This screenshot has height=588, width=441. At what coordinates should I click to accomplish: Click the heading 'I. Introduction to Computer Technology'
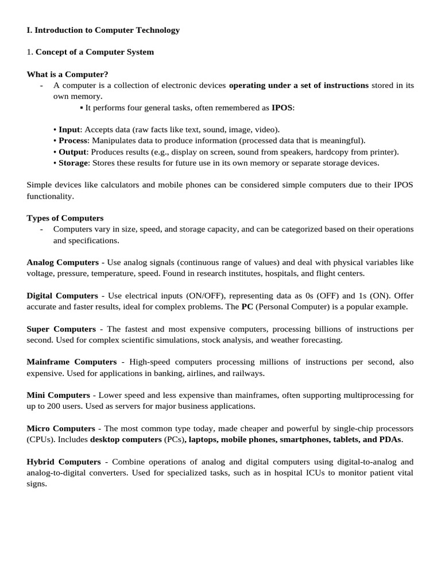pyautogui.click(x=103, y=30)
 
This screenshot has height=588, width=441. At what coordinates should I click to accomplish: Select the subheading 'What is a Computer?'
pyautogui.click(x=67, y=74)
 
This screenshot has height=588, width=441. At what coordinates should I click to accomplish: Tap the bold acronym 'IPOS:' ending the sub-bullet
pyautogui.click(x=283, y=107)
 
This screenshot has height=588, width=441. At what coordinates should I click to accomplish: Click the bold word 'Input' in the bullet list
pyautogui.click(x=69, y=130)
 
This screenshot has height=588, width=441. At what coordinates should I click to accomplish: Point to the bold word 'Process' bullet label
pyautogui.click(x=73, y=141)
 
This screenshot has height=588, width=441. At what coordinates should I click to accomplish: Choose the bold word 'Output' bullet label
pyautogui.click(x=72, y=152)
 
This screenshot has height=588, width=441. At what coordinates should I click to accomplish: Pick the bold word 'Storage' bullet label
pyautogui.click(x=73, y=163)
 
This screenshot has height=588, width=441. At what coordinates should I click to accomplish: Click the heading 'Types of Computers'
pyautogui.click(x=65, y=218)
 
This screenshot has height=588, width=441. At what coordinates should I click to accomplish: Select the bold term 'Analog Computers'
pyautogui.click(x=63, y=262)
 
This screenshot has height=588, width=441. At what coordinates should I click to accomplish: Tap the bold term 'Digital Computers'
pyautogui.click(x=63, y=296)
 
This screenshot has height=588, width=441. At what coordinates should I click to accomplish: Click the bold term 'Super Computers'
pyautogui.click(x=61, y=329)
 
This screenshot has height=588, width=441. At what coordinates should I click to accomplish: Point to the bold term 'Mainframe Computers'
pyautogui.click(x=72, y=362)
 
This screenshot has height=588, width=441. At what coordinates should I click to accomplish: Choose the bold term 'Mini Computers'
pyautogui.click(x=59, y=396)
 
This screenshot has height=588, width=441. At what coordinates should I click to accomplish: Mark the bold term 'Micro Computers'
pyautogui.click(x=61, y=429)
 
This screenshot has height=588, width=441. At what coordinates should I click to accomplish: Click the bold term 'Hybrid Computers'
pyautogui.click(x=64, y=462)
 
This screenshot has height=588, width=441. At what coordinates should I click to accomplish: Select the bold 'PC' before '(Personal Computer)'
pyautogui.click(x=247, y=307)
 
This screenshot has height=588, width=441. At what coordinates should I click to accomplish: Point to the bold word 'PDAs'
pyautogui.click(x=390, y=440)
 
